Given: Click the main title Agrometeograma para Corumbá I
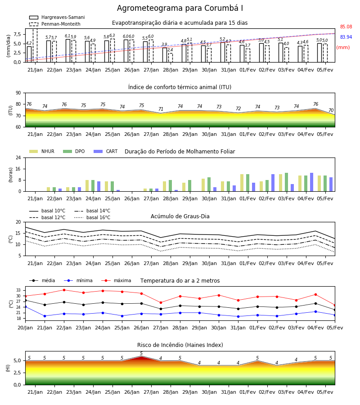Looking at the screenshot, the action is [x=180, y=8].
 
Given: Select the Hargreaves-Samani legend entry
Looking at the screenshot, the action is [x=57, y=17].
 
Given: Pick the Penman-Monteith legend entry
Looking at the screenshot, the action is [x=55, y=24].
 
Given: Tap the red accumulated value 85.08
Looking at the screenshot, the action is [x=346, y=27].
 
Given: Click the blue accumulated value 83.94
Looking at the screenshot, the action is [x=346, y=37].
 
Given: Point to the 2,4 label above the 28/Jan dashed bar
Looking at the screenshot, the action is [x=170, y=50].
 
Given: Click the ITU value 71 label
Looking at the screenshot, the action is [x=161, y=109].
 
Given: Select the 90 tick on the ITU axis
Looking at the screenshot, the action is [x=18, y=93].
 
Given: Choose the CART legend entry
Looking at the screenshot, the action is [x=106, y=151].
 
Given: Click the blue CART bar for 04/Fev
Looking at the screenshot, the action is [x=311, y=182].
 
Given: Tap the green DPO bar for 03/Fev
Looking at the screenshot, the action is [x=286, y=182].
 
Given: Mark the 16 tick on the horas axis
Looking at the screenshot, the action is [x=18, y=169].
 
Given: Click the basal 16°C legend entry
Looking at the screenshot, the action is [x=92, y=217].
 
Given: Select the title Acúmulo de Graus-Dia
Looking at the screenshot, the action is [x=180, y=216].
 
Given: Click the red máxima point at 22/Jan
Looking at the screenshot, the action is [x=64, y=290].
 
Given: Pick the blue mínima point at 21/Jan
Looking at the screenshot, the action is [x=45, y=316].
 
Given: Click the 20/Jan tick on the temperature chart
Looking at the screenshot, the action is [x=25, y=328].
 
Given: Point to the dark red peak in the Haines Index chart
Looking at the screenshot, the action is [x=141, y=357].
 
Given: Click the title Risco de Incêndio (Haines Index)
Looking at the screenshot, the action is [x=180, y=345].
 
